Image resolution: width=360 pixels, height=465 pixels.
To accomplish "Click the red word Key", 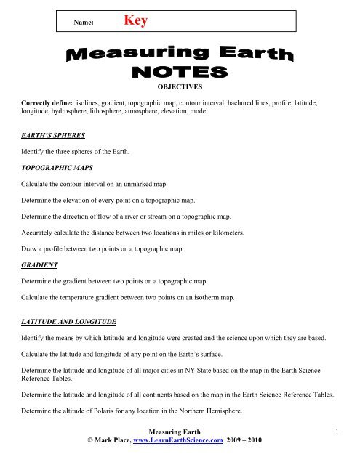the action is coord(136,22).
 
